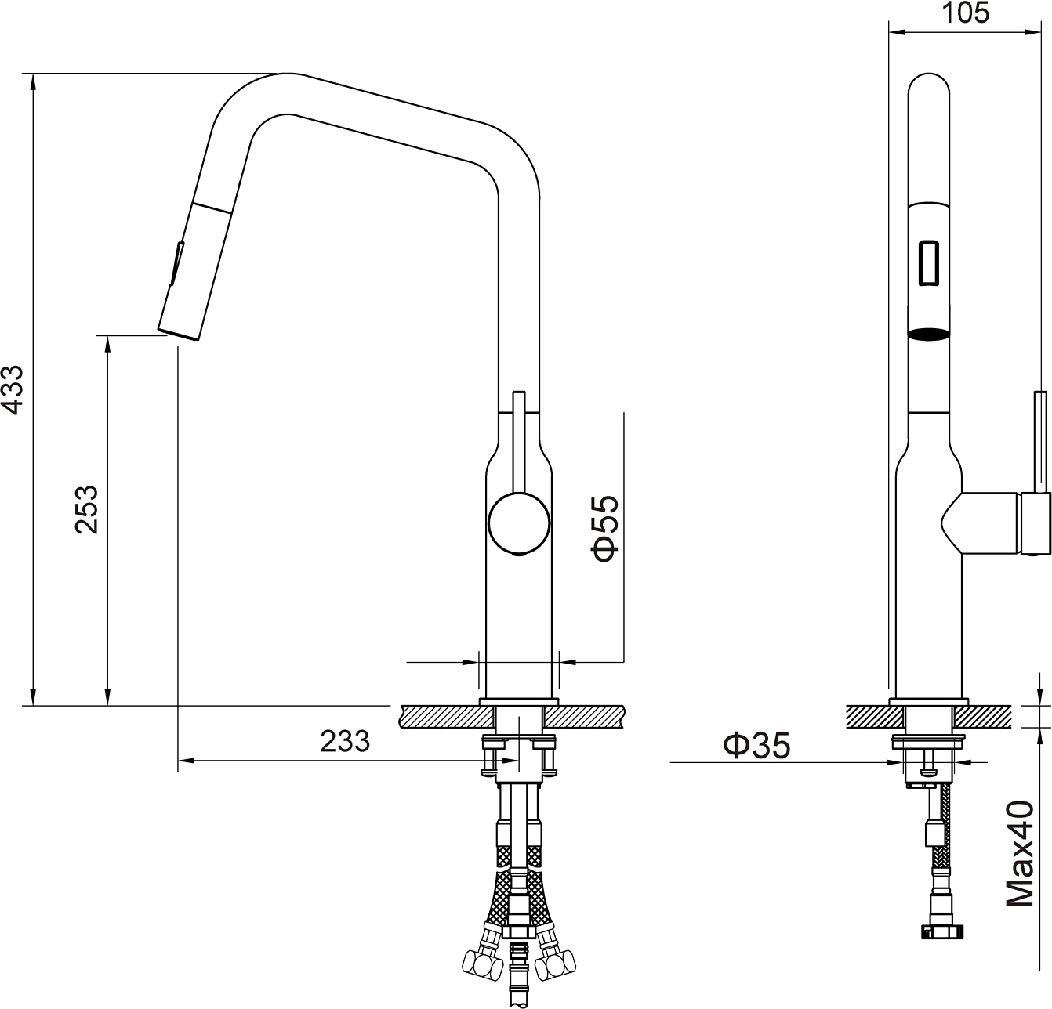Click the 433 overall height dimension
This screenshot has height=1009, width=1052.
(x=12, y=389)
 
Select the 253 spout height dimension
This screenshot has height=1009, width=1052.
(x=86, y=509)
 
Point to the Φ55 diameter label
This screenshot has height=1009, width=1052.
(x=605, y=527)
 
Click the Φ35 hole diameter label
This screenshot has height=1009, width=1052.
(x=756, y=746)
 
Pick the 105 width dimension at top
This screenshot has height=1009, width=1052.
(x=966, y=13)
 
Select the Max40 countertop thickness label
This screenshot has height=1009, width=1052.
(x=1020, y=853)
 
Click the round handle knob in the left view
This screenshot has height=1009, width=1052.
(x=518, y=523)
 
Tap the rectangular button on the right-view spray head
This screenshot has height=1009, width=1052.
(x=929, y=262)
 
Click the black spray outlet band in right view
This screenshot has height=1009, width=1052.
(x=929, y=334)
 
